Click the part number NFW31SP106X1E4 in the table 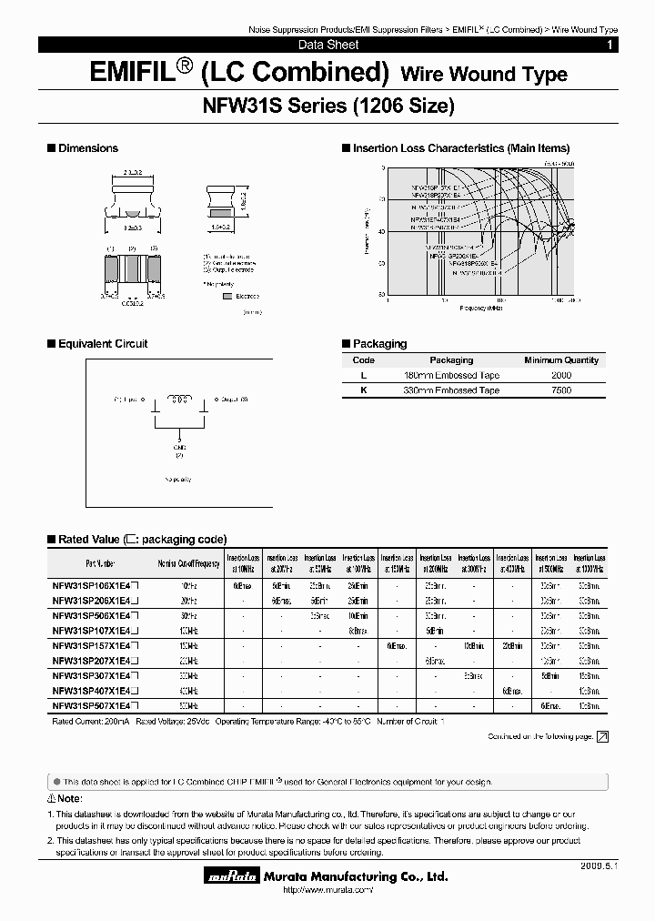click(95, 587)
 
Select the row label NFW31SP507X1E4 click(95, 705)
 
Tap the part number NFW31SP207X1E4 click(95, 662)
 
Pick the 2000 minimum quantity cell click(561, 375)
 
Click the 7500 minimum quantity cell click(561, 390)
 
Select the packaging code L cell click(364, 375)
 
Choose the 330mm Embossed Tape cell click(451, 390)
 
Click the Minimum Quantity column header click(561, 360)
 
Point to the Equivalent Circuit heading click(102, 344)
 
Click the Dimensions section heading click(87, 148)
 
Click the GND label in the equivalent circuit click(179, 446)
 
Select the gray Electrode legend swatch click(227, 296)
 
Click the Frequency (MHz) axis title click(481, 309)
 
